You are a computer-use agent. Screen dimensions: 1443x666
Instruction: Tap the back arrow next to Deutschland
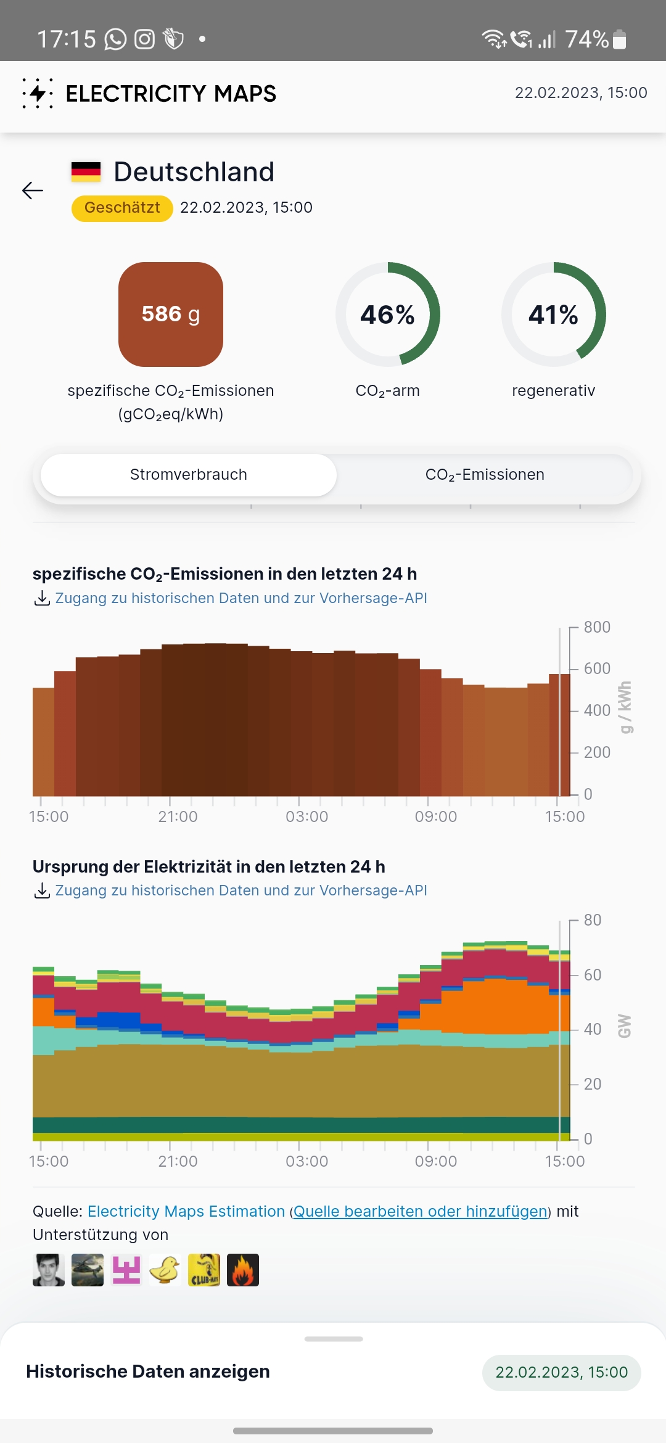pyautogui.click(x=33, y=191)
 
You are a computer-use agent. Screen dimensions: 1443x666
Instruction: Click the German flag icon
pyautogui.click(x=86, y=172)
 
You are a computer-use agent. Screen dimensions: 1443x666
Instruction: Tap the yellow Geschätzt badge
pyautogui.click(x=122, y=208)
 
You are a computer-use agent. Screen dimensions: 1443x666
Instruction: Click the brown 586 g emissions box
pyautogui.click(x=171, y=314)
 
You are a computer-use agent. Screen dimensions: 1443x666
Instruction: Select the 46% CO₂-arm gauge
pyautogui.click(x=387, y=314)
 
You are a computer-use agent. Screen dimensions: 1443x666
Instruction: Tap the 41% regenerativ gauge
pyautogui.click(x=553, y=314)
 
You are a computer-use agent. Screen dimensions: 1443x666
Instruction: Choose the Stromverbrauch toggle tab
pyautogui.click(x=189, y=475)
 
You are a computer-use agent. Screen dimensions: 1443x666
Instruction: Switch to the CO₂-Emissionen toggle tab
pyautogui.click(x=485, y=475)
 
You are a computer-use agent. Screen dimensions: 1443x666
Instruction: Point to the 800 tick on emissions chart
pyautogui.click(x=596, y=627)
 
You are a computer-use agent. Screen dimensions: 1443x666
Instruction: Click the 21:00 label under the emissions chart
pyautogui.click(x=178, y=817)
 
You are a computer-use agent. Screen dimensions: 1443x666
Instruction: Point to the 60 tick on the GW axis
pyautogui.click(x=592, y=975)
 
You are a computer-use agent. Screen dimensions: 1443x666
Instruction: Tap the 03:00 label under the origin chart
pyautogui.click(x=306, y=1162)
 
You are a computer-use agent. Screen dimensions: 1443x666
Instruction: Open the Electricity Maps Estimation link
pyautogui.click(x=186, y=1212)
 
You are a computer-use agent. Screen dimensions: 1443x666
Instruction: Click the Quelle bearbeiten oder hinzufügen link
pyautogui.click(x=421, y=1212)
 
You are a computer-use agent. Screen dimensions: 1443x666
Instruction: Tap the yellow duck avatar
pyautogui.click(x=165, y=1270)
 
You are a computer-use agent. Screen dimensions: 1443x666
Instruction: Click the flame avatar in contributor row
pyautogui.click(x=243, y=1270)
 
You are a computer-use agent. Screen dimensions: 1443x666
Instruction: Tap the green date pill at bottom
pyautogui.click(x=561, y=1373)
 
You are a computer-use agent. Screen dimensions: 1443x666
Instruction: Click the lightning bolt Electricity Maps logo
pyautogui.click(x=38, y=93)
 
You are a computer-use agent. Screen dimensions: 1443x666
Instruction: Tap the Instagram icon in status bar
pyautogui.click(x=145, y=39)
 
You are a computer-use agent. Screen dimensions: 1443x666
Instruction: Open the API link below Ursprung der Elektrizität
pyautogui.click(x=240, y=890)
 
